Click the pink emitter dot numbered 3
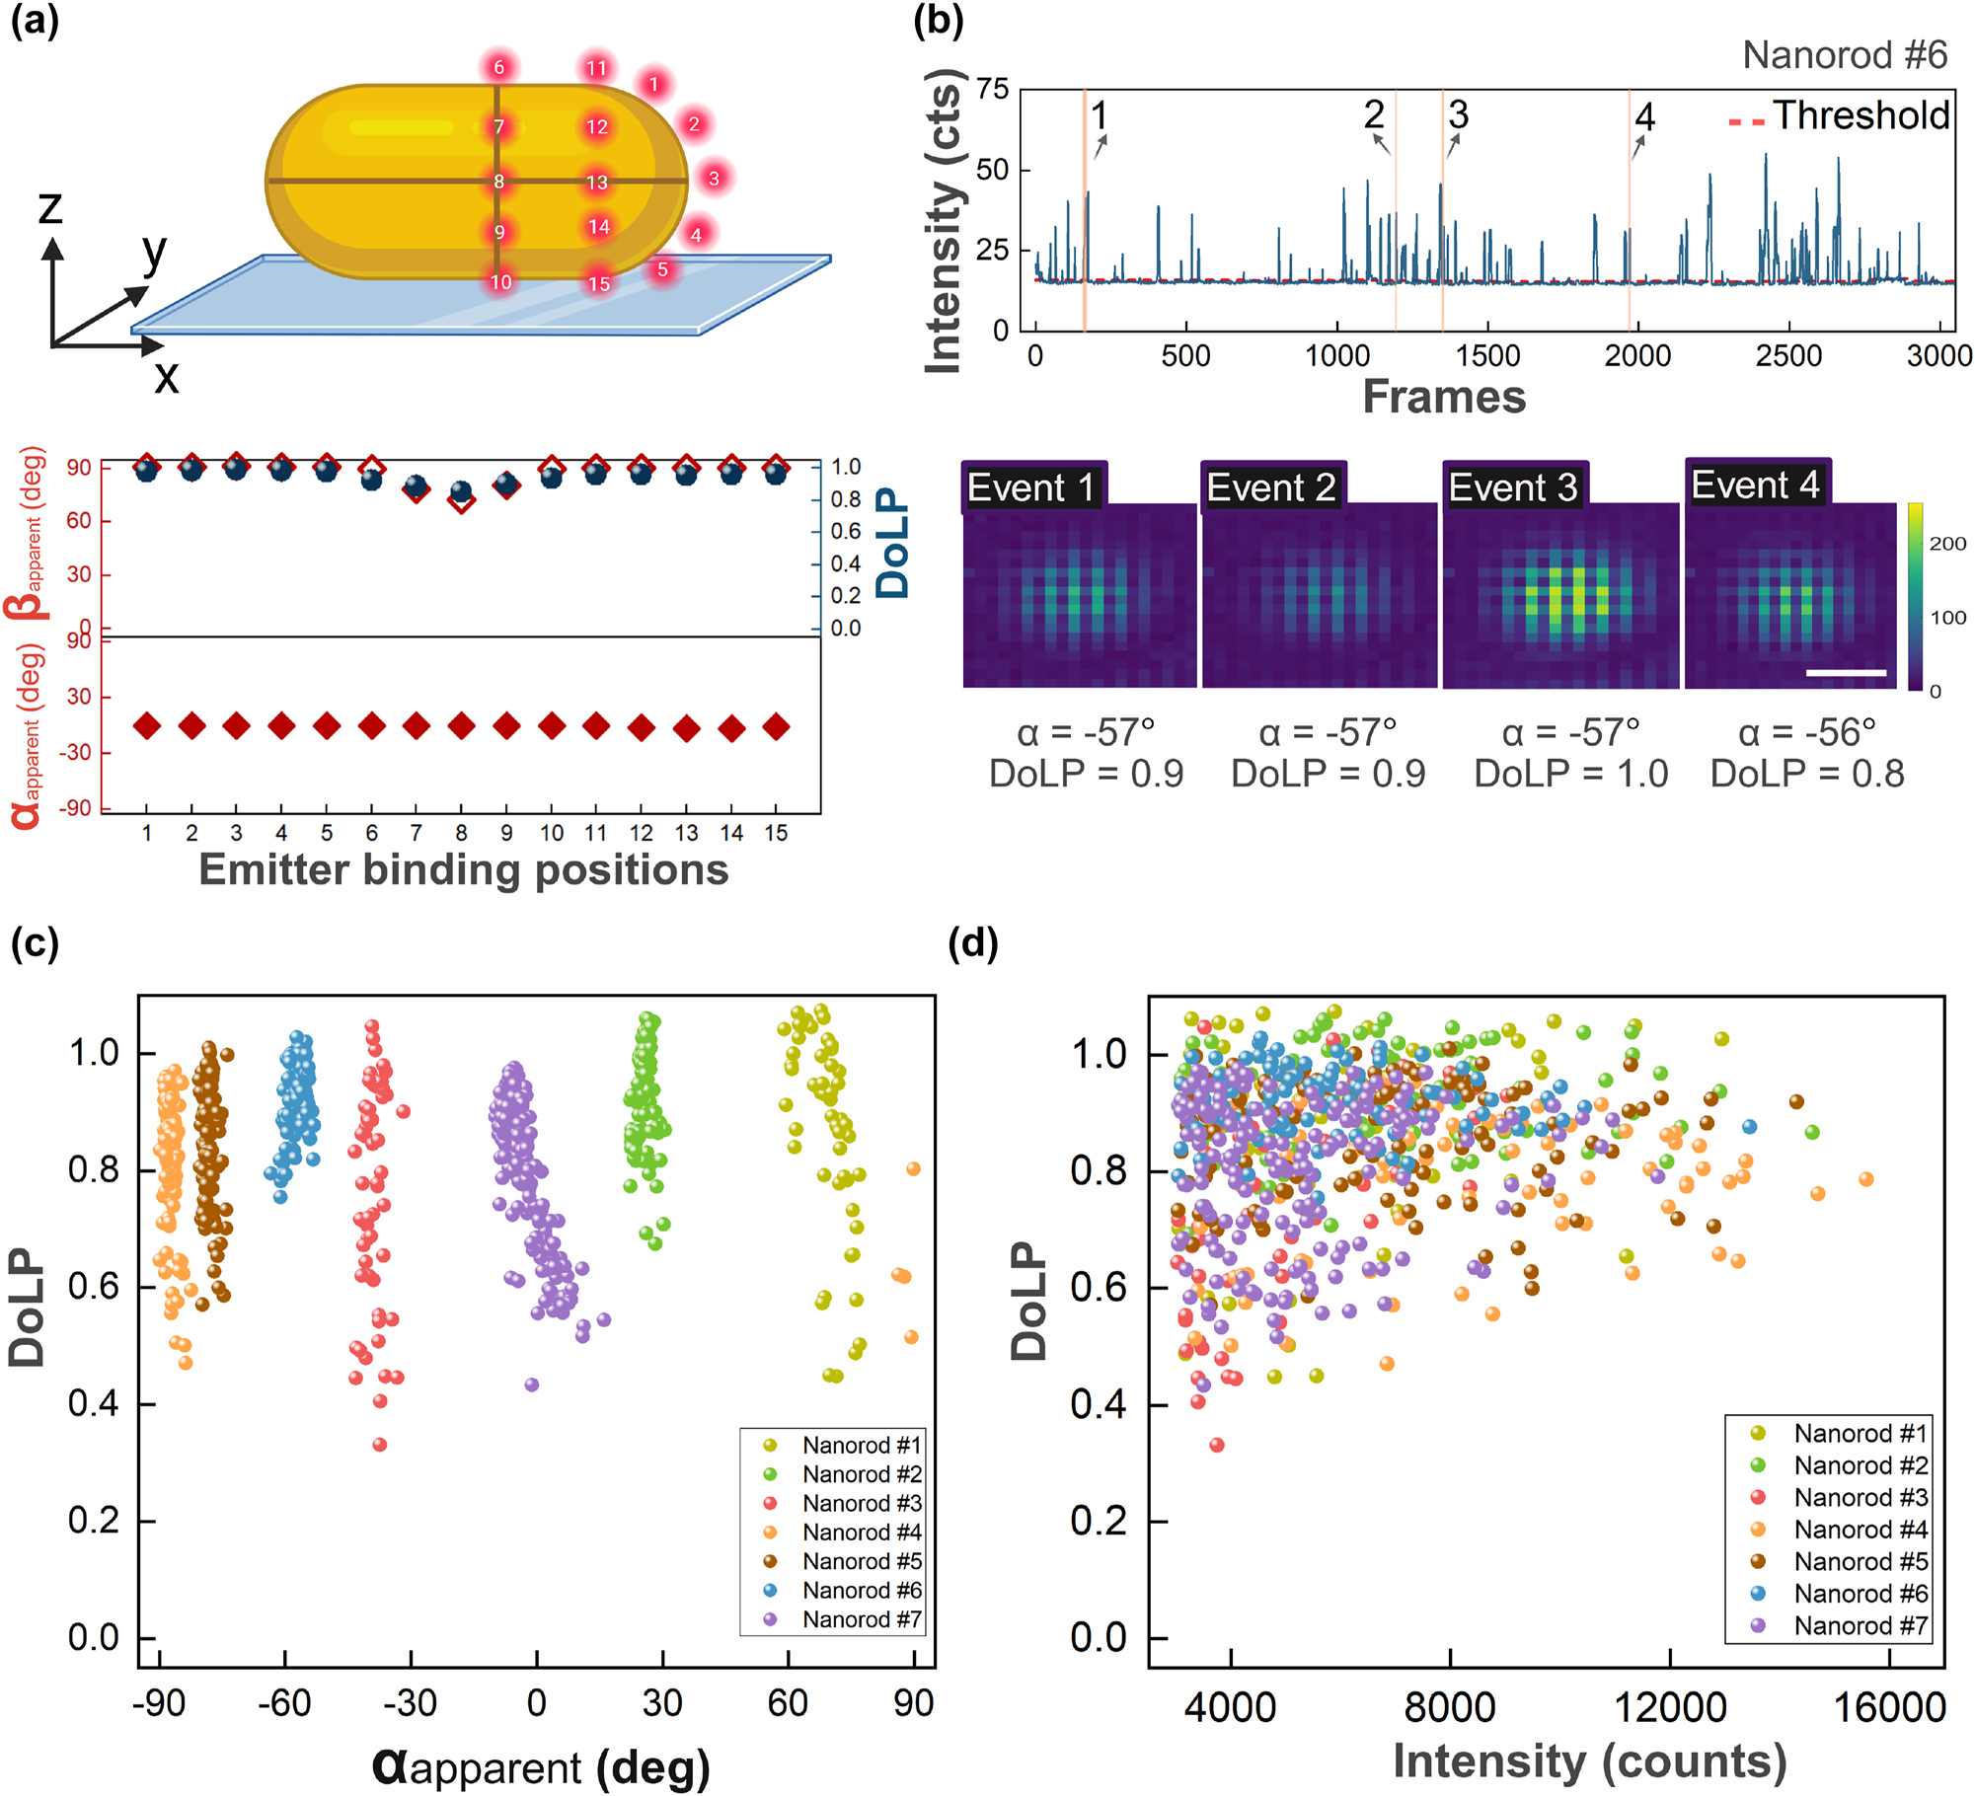(x=714, y=178)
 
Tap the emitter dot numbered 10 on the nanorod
(x=500, y=282)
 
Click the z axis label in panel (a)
(x=49, y=207)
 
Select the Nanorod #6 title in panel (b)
(x=1844, y=55)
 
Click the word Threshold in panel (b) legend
(x=1861, y=115)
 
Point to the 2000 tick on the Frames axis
(x=1637, y=356)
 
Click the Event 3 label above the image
(x=1512, y=487)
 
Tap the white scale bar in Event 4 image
(x=1845, y=673)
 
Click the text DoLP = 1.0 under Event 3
(x=1570, y=774)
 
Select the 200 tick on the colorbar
(x=1947, y=544)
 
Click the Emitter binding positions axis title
(x=463, y=870)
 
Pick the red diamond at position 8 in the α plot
(x=461, y=726)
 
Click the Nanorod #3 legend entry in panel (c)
(x=861, y=1503)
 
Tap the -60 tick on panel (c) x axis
(x=284, y=1702)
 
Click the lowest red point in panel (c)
(x=380, y=1445)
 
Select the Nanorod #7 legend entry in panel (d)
(x=1860, y=1625)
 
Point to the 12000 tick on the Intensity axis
(x=1669, y=1707)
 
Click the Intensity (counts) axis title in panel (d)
(x=1589, y=1761)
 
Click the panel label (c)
(x=35, y=943)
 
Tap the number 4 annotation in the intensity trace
(x=1644, y=117)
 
